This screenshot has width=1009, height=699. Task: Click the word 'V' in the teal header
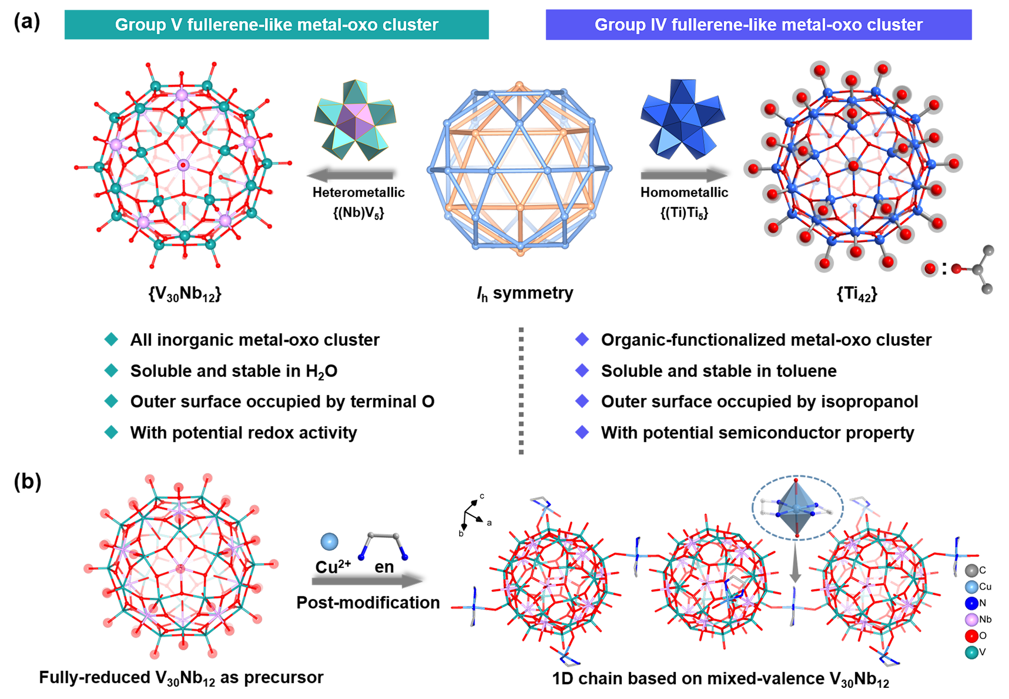coord(176,25)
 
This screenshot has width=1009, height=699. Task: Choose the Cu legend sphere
coord(971,586)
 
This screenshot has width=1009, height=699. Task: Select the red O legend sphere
coord(971,636)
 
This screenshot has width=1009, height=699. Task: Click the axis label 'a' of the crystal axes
coord(489,523)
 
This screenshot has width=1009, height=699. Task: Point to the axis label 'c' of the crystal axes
coord(482,496)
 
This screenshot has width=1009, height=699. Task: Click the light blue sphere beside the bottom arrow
coord(329,542)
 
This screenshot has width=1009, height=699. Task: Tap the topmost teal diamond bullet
coord(111,339)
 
